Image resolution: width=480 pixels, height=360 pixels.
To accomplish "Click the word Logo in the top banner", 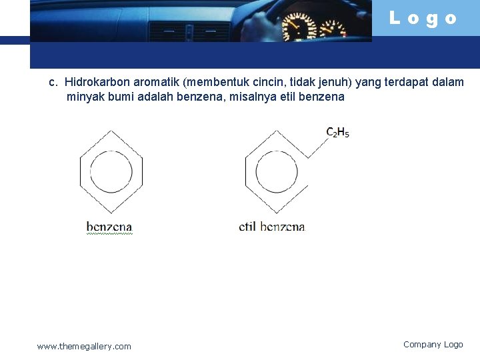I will tap(423, 19).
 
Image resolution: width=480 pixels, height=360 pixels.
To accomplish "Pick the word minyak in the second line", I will tap(83, 97).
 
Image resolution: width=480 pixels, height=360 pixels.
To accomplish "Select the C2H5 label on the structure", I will tap(337, 132).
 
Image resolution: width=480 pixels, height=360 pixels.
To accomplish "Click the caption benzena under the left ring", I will tap(109, 227).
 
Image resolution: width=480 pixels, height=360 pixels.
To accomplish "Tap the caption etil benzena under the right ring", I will tap(272, 227).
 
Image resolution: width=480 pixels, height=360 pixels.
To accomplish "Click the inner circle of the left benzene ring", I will tap(111, 173).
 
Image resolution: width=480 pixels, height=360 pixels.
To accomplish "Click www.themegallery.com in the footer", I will tap(84, 346).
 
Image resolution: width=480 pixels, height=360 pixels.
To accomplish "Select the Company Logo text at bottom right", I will tap(433, 345).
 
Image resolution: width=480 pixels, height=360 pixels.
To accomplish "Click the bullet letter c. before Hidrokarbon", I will tap(53, 83).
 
